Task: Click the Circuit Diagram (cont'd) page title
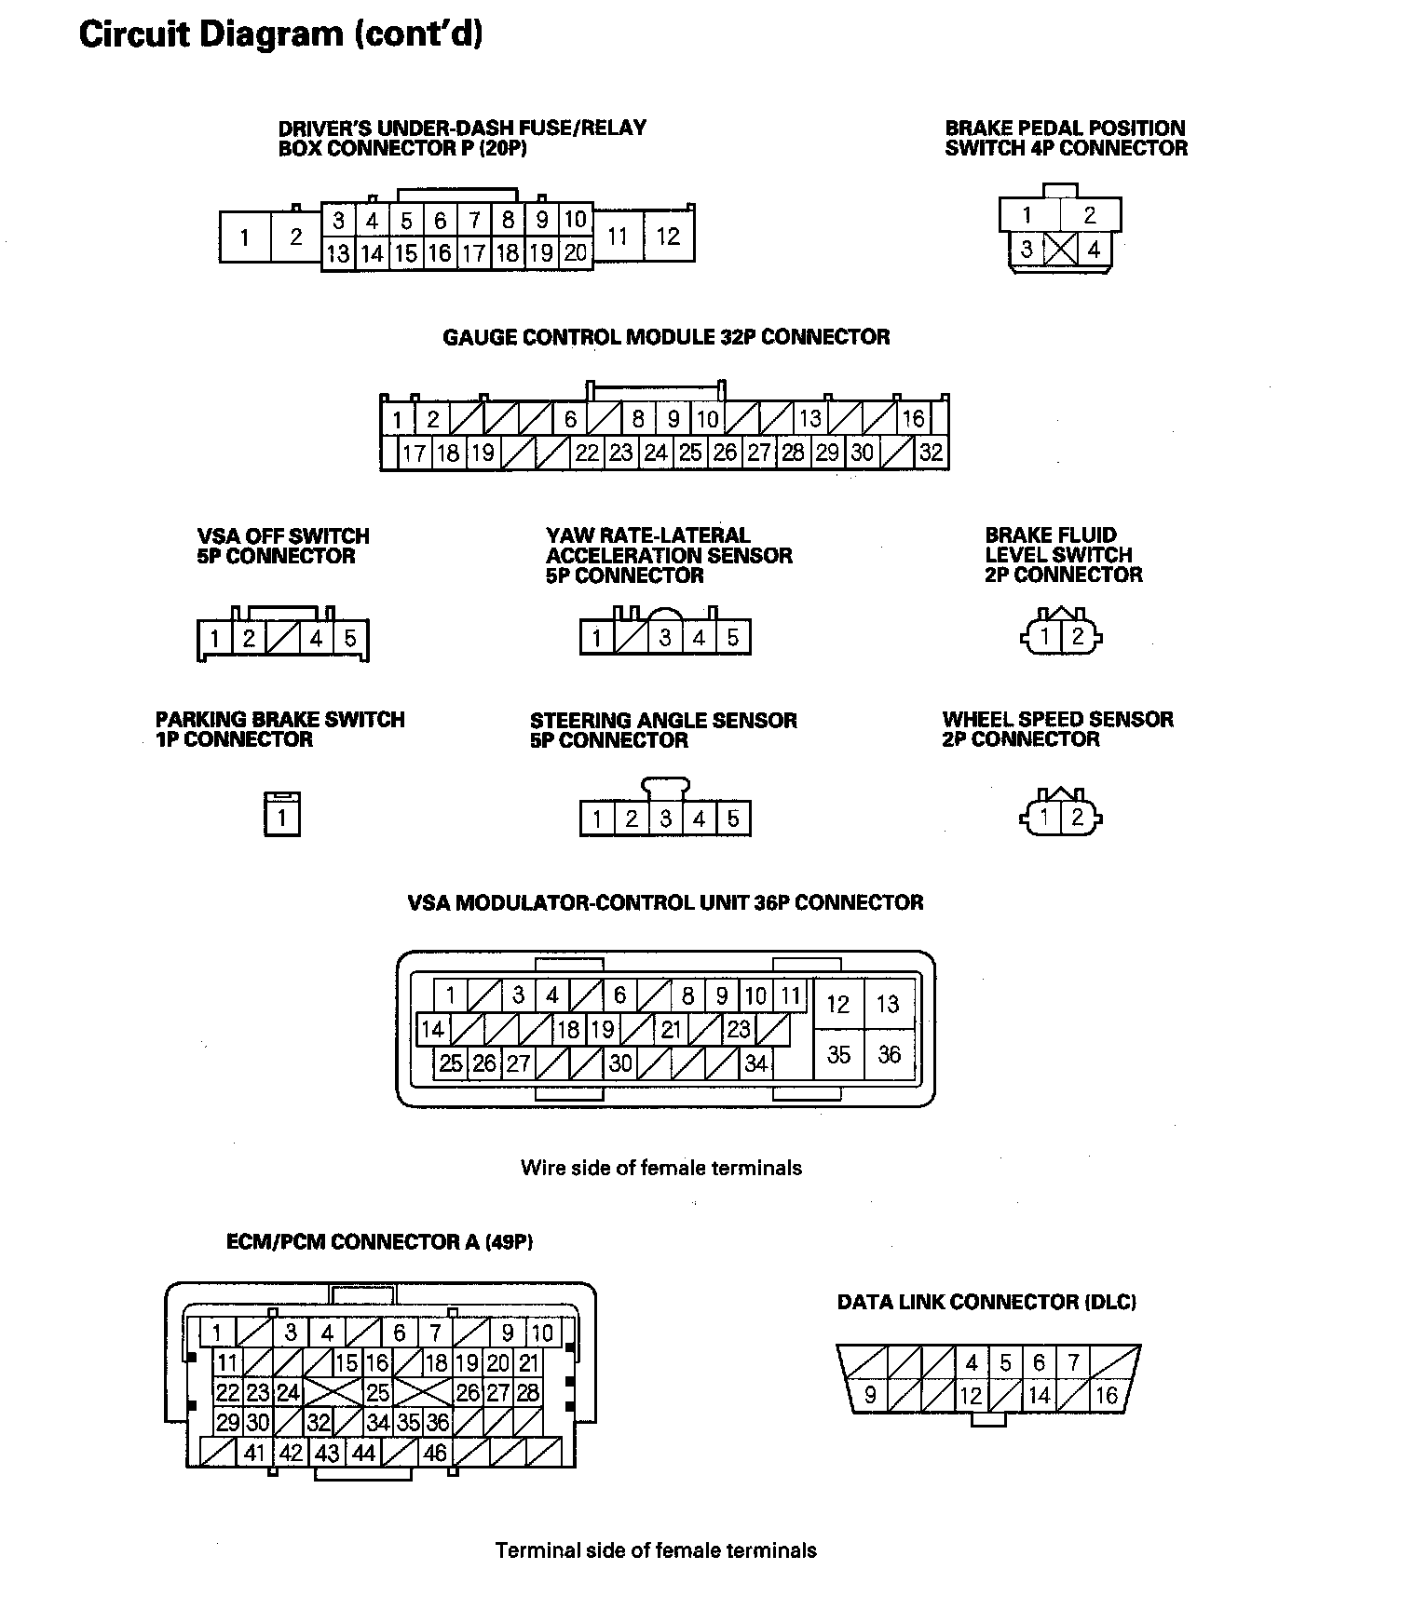point(280,34)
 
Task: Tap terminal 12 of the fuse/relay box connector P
point(668,237)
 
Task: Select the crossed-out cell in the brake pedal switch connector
point(1060,250)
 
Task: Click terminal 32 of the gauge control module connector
point(931,453)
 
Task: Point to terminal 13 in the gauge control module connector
point(809,419)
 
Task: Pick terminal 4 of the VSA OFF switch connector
point(317,639)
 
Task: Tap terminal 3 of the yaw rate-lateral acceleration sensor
point(665,638)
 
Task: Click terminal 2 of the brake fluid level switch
point(1078,637)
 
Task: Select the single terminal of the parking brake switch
point(281,819)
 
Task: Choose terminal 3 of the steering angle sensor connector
point(665,819)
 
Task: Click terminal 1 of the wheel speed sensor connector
point(1045,818)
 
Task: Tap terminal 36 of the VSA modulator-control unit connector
point(889,1055)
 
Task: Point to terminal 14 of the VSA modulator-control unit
point(432,1030)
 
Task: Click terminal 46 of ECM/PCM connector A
point(435,1453)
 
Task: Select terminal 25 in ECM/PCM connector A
point(377,1393)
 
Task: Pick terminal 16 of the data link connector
point(1106,1396)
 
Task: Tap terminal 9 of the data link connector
point(870,1396)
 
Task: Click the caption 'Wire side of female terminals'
point(661,1168)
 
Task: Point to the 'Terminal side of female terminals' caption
point(656,1550)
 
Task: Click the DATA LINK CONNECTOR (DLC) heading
point(986,1302)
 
